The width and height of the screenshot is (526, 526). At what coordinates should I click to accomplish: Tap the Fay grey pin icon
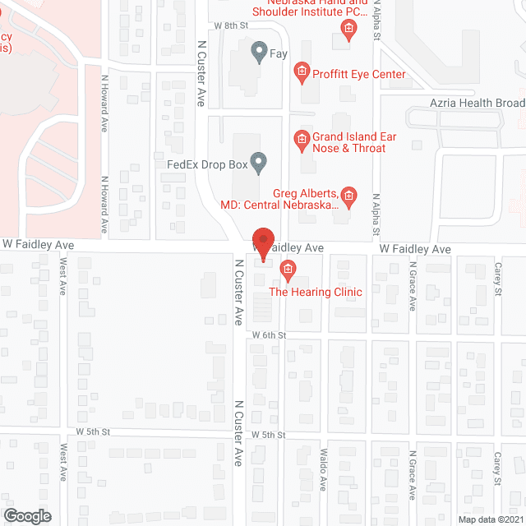coord(259,54)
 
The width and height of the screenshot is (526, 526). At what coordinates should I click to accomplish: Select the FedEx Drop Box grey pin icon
coord(259,164)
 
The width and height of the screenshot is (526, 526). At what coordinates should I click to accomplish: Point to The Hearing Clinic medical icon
coord(287,268)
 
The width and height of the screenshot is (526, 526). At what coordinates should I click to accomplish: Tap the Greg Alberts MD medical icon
coord(348,196)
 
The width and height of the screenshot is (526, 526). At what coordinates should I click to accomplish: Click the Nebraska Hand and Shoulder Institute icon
coord(348,30)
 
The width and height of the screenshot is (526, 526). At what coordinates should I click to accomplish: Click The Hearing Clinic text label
coord(316,292)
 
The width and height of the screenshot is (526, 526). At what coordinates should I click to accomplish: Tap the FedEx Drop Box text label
coord(207,164)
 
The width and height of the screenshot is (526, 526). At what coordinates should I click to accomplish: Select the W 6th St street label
coord(269,335)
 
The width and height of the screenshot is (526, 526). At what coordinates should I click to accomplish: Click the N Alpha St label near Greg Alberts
coord(375,212)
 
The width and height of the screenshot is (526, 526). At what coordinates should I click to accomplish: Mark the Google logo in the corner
coord(26,515)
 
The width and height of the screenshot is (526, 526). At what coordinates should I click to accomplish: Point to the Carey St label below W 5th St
coord(497,469)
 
